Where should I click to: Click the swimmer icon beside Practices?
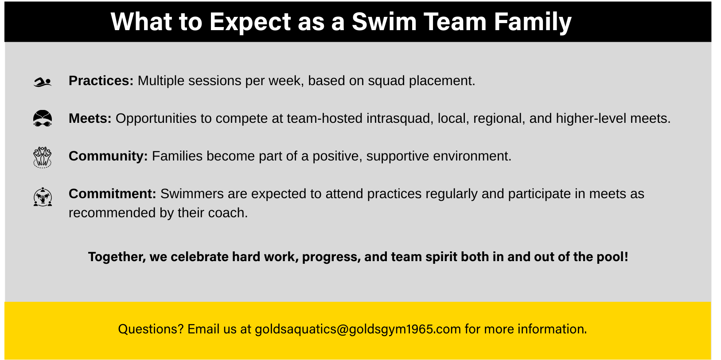click(43, 82)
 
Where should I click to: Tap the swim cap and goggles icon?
click(43, 118)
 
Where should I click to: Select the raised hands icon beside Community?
click(43, 157)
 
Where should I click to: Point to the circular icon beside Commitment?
click(43, 197)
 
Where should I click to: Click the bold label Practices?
click(101, 81)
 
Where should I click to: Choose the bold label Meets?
click(90, 118)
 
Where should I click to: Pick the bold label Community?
click(108, 157)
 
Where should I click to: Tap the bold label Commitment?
click(112, 194)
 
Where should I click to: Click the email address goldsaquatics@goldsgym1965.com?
click(358, 329)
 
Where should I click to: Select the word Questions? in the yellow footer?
click(151, 329)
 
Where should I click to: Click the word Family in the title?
click(533, 22)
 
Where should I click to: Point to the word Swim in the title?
click(384, 22)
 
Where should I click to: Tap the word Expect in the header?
click(250, 22)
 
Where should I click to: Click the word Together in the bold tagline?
click(117, 257)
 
